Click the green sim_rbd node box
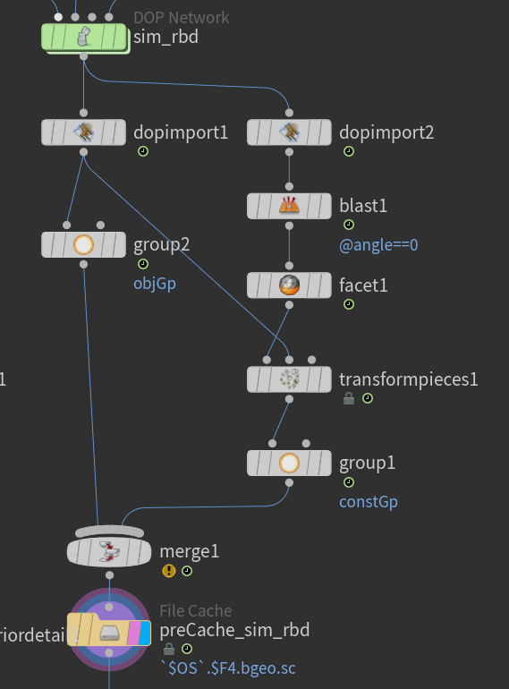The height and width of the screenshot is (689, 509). click(x=84, y=38)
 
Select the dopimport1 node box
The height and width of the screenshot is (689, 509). click(x=83, y=132)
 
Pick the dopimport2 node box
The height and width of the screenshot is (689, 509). click(x=289, y=132)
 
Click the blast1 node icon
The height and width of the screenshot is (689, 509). click(x=289, y=206)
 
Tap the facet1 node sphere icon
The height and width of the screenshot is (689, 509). click(x=289, y=285)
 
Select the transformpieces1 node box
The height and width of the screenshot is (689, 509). click(x=289, y=379)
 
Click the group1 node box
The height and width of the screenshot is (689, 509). click(x=289, y=463)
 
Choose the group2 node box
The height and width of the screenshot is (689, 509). click(x=83, y=245)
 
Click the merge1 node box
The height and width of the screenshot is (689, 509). click(x=109, y=552)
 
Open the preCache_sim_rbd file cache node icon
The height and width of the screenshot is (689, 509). click(x=109, y=633)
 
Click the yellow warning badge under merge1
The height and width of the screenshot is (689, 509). click(x=169, y=571)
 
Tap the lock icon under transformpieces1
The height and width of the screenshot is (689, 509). click(x=349, y=398)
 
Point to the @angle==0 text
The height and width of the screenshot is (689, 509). click(x=378, y=245)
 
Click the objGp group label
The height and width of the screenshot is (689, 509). click(x=155, y=284)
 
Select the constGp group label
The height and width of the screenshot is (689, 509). click(x=369, y=502)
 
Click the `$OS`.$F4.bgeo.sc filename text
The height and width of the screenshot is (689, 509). click(x=227, y=668)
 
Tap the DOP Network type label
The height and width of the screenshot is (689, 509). click(x=181, y=18)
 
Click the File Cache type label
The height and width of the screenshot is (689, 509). click(x=196, y=611)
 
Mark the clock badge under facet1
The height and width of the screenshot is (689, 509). click(x=349, y=304)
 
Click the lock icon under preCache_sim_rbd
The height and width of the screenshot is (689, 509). click(x=169, y=649)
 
